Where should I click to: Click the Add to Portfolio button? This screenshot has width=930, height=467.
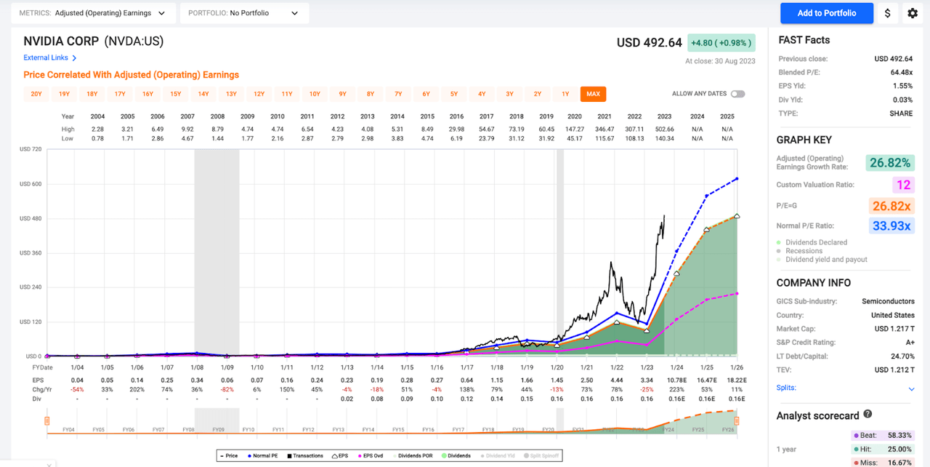pyautogui.click(x=827, y=13)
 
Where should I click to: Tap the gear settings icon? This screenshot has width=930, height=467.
pyautogui.click(x=913, y=13)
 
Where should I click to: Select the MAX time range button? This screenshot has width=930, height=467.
pyautogui.click(x=593, y=94)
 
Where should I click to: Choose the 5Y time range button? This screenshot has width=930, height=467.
pyautogui.click(x=453, y=94)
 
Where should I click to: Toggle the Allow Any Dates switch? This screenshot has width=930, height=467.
pyautogui.click(x=737, y=94)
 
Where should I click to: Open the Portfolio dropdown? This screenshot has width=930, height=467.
pyautogui.click(x=243, y=13)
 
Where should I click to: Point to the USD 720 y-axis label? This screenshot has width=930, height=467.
pyautogui.click(x=31, y=150)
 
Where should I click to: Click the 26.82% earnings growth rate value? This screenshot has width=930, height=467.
pyautogui.click(x=889, y=163)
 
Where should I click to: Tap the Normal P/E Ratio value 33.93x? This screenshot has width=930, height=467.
pyautogui.click(x=891, y=225)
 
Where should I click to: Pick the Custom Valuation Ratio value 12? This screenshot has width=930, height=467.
pyautogui.click(x=902, y=185)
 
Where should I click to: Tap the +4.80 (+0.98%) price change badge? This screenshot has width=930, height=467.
pyautogui.click(x=721, y=42)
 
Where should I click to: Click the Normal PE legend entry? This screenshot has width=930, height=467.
pyautogui.click(x=264, y=456)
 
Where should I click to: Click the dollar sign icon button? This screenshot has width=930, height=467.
pyautogui.click(x=887, y=13)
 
